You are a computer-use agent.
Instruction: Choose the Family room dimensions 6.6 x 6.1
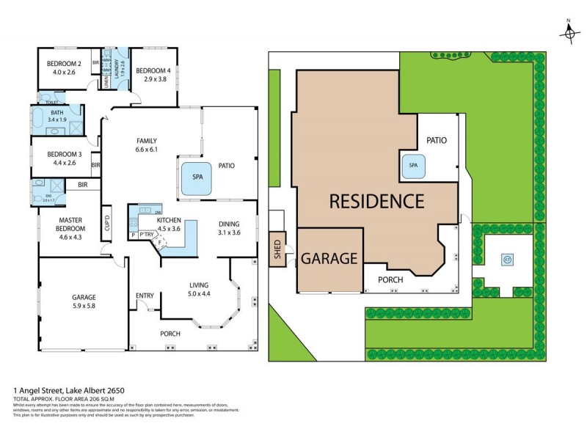[x=147, y=149]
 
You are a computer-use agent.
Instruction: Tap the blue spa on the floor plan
[x=197, y=178]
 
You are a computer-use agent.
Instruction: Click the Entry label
[x=145, y=296]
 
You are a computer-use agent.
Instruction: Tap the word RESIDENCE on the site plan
[x=376, y=201]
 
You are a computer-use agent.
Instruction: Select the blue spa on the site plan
[x=413, y=166]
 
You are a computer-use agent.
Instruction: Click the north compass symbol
[x=569, y=32]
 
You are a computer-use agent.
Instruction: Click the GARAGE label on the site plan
[x=329, y=258]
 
